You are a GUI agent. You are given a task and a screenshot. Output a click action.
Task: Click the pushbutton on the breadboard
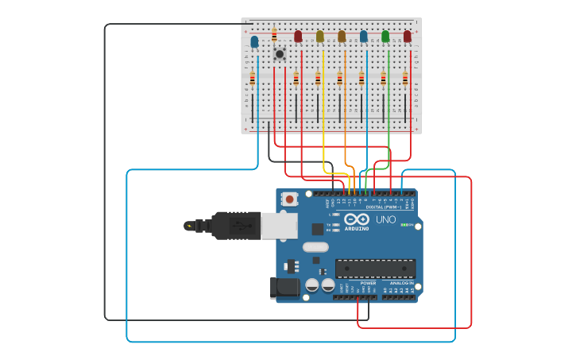279,54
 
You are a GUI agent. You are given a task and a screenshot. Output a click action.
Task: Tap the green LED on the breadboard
385,37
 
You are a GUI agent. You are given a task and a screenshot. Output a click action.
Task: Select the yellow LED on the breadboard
320,37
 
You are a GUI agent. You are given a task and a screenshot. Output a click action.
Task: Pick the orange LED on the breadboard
342,37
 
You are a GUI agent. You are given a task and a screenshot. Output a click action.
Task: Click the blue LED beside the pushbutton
254,41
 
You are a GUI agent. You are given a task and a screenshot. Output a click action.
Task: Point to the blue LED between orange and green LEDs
364,37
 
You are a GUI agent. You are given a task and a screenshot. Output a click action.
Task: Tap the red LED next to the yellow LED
298,37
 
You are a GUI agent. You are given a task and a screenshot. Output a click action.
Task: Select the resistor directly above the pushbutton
274,35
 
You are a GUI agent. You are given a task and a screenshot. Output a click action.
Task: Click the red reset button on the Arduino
290,199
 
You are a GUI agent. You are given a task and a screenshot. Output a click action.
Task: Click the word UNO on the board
385,219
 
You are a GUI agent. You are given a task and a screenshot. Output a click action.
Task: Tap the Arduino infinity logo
357,219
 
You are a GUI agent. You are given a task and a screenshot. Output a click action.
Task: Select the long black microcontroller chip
375,269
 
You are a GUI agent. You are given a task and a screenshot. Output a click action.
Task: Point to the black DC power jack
284,288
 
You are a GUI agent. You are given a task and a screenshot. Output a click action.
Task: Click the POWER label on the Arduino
368,283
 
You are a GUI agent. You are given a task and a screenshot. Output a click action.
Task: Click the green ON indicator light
404,225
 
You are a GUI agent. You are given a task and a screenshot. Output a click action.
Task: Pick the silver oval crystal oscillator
315,246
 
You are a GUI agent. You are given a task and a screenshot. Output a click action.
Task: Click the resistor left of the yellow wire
318,79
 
